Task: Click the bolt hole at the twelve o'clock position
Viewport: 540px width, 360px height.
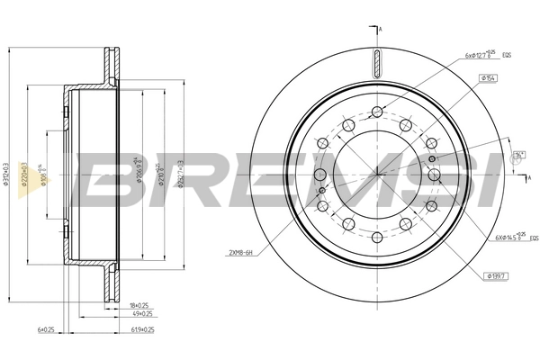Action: click(375, 112)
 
